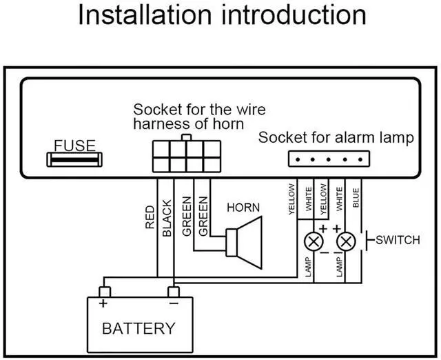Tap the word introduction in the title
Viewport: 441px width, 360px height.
pyautogui.click(x=294, y=16)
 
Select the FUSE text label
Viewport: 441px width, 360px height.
pyautogui.click(x=74, y=146)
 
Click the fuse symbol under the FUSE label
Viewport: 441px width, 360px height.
pyautogui.click(x=74, y=161)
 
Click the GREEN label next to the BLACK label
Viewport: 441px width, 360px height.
pyautogui.click(x=187, y=217)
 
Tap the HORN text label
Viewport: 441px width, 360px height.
pyautogui.click(x=243, y=208)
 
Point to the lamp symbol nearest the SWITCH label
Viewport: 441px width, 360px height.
pyautogui.click(x=346, y=242)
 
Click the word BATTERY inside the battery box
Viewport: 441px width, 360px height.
pyautogui.click(x=139, y=328)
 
